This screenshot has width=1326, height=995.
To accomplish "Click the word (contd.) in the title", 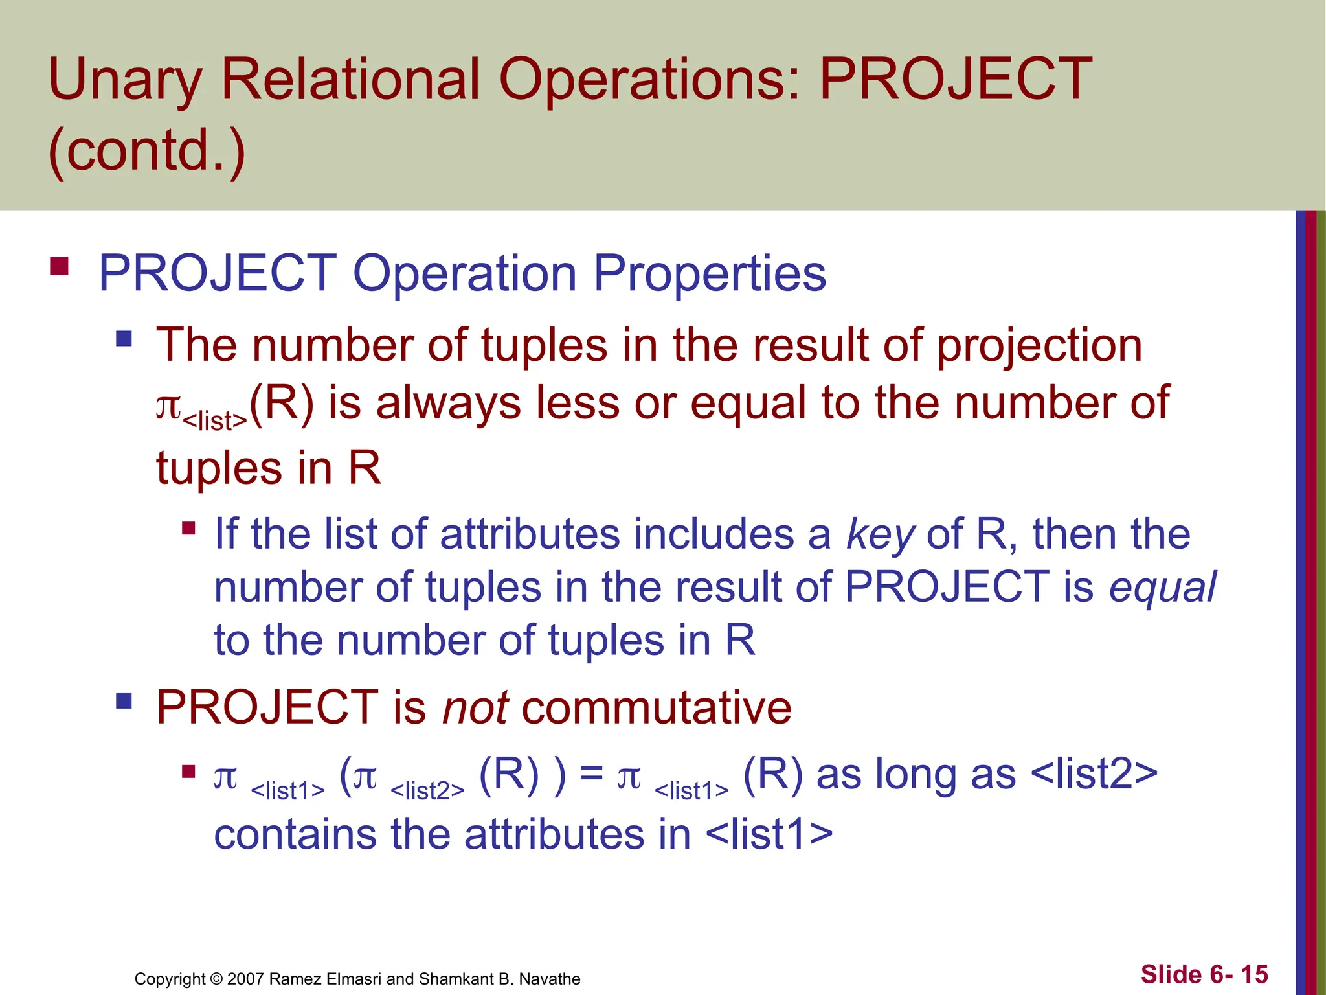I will pos(147,150).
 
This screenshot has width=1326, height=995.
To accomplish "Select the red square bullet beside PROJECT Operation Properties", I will pos(59,267).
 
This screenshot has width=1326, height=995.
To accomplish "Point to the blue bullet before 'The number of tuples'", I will pos(124,338).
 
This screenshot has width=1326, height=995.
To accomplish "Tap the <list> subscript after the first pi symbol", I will pos(215,421).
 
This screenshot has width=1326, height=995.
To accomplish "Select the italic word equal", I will pos(1163,588).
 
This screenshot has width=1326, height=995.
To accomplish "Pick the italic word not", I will pos(475,707).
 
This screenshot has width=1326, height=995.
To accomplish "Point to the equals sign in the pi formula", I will pos(591,774).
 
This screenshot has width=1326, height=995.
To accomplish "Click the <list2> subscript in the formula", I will pos(427,790).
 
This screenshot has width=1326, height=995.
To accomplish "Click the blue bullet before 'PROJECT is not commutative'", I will pos(124,701).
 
